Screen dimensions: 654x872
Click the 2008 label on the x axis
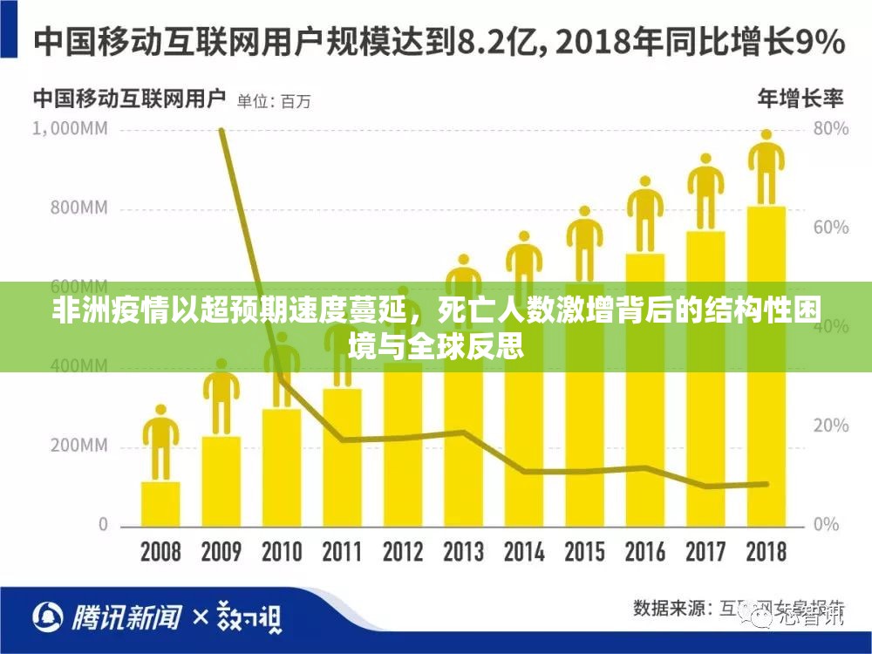(160, 552)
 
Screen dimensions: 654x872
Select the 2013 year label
(463, 552)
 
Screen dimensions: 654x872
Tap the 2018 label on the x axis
(766, 552)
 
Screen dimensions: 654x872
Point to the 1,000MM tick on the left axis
(70, 129)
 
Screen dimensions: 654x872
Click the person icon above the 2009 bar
(221, 397)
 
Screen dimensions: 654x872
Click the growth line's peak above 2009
(221, 131)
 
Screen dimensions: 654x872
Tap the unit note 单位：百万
(274, 100)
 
